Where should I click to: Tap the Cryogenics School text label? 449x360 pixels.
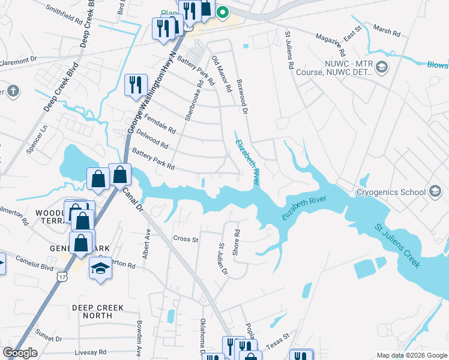pos(390,193)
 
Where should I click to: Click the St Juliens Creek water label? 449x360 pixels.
pos(398,246)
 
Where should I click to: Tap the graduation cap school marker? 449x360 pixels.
pos(100,269)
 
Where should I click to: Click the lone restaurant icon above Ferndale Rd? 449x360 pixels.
pos(136,85)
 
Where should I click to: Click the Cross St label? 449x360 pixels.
pos(185,239)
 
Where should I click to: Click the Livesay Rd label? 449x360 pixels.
pos(91,352)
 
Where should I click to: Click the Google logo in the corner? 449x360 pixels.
pos(20,353)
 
